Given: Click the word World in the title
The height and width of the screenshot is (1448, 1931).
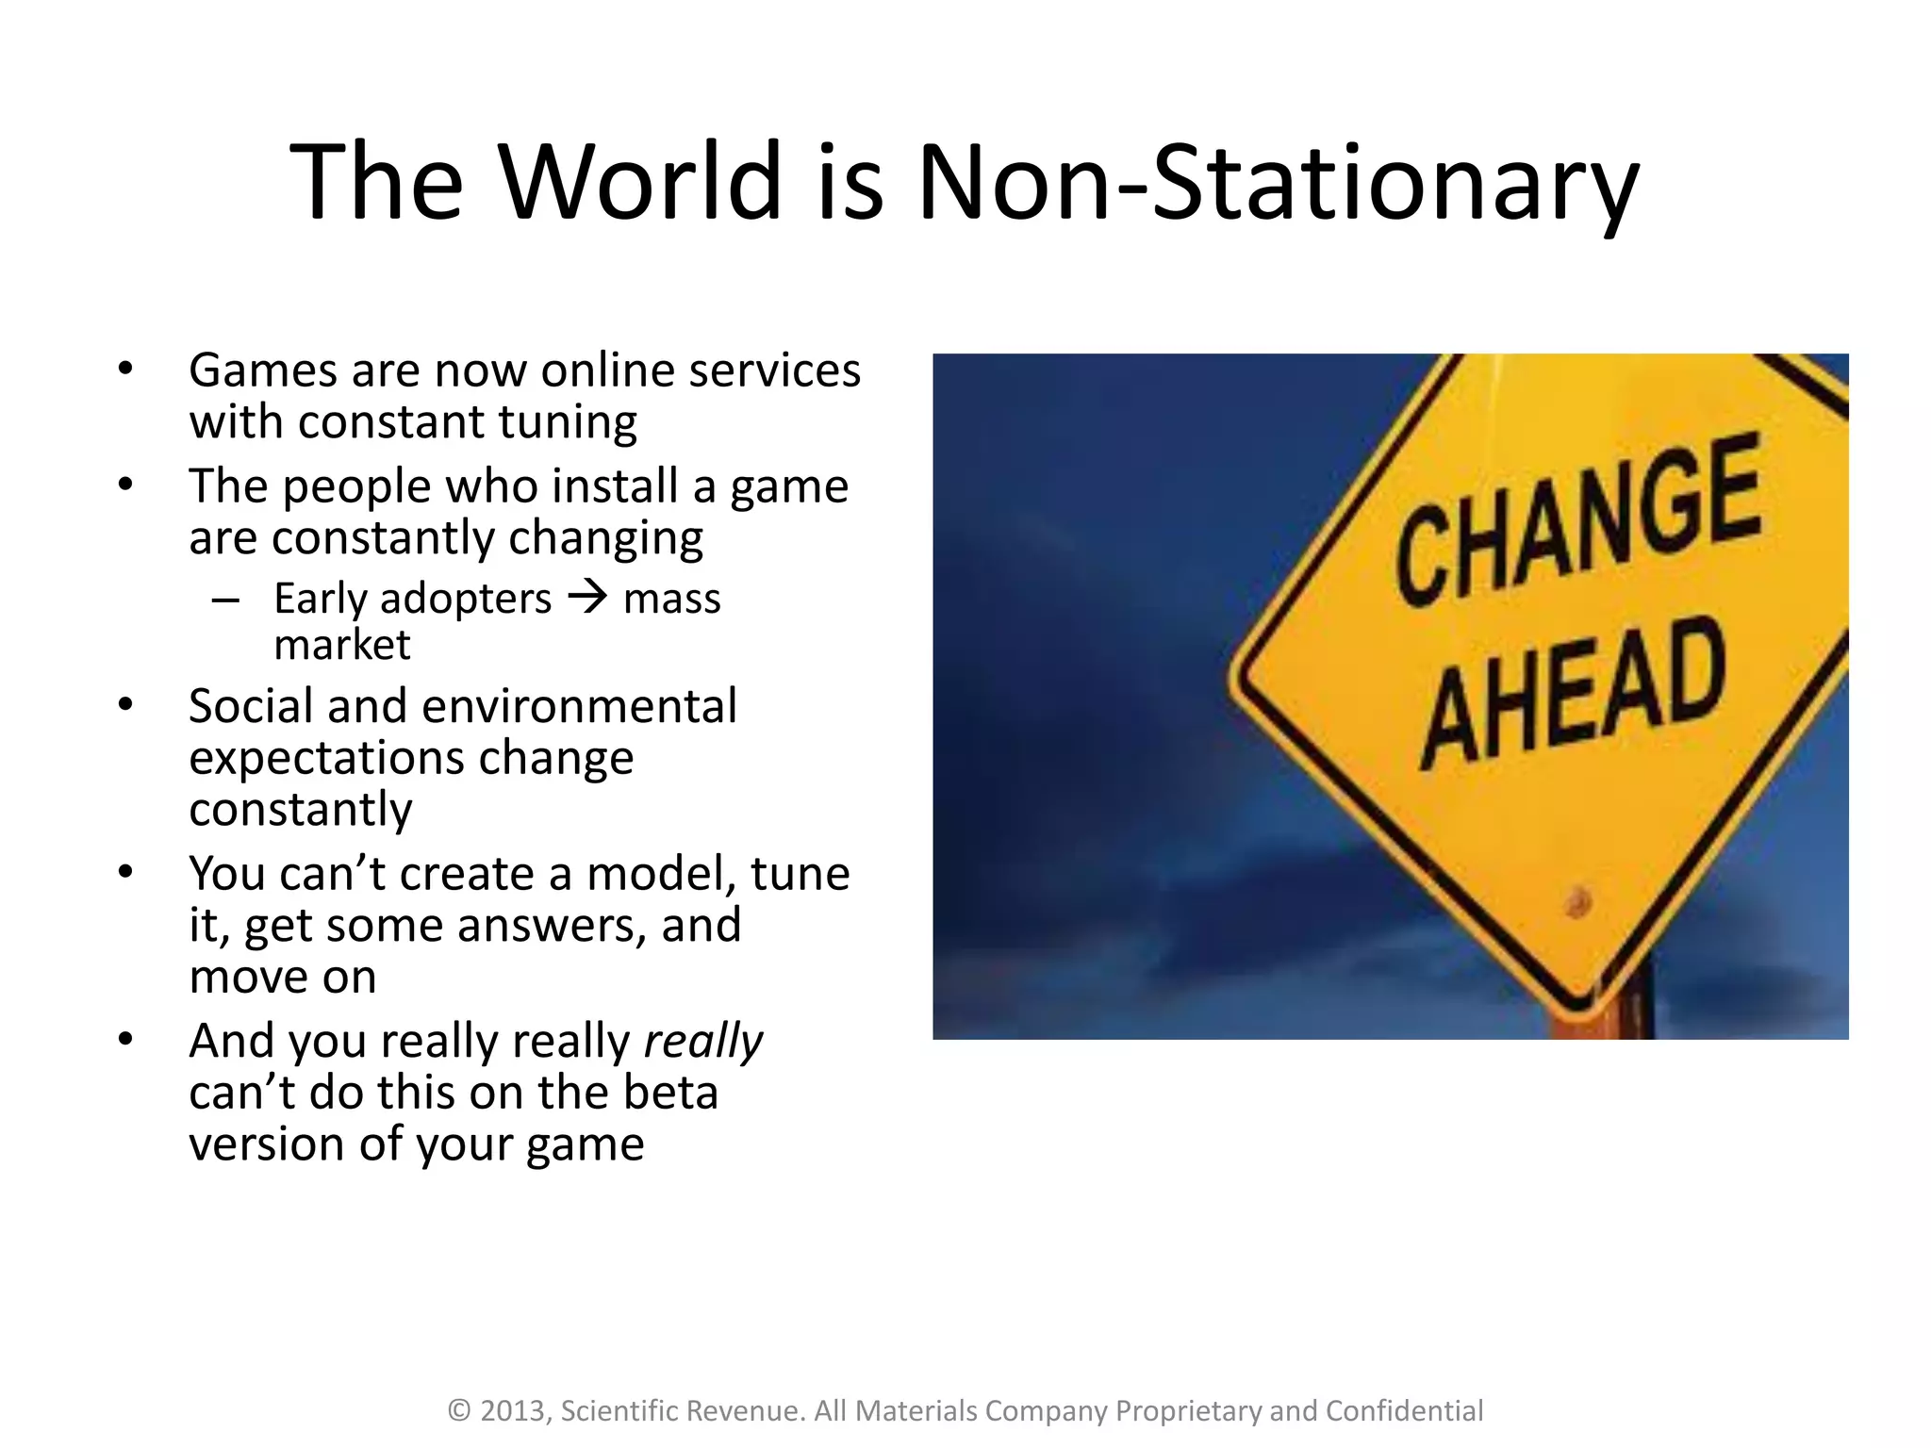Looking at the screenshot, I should [x=641, y=181].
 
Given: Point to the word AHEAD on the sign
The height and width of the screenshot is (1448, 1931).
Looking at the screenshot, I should [x=1573, y=693].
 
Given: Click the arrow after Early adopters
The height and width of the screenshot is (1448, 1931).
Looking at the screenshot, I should [x=588, y=598].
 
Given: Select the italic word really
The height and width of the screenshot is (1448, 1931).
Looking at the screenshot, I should [x=703, y=1042].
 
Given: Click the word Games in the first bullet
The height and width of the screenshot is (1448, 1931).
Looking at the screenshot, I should [x=262, y=370].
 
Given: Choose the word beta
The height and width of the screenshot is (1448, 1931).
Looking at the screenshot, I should [x=671, y=1094].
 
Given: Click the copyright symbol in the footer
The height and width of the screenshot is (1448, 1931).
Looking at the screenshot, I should [x=459, y=1410].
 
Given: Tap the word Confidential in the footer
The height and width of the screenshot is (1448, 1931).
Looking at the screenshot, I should [x=1404, y=1410].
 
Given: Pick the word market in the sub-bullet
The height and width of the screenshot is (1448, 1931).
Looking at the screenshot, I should [x=342, y=646].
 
